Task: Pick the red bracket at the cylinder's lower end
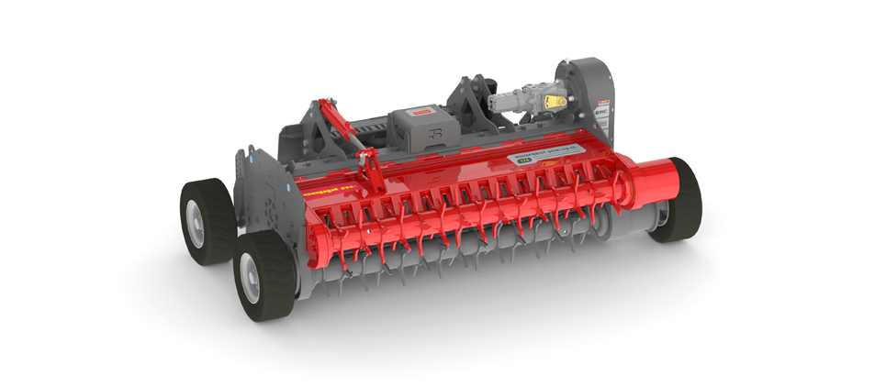368,171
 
